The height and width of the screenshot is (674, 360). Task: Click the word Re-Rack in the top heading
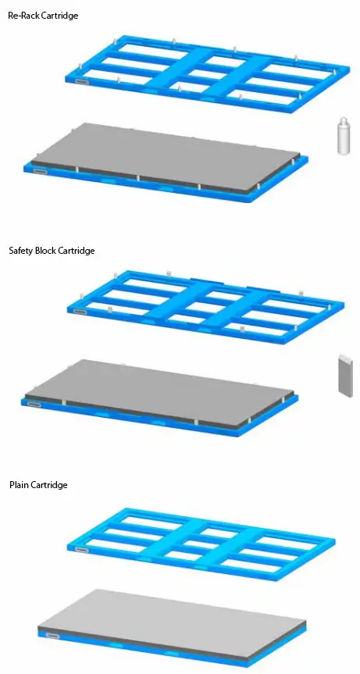23,16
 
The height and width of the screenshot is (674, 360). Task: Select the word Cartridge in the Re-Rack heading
60,16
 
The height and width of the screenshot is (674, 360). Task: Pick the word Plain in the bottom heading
19,485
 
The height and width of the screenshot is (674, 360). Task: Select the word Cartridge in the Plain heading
49,485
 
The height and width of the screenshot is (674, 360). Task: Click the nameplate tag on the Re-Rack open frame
82,78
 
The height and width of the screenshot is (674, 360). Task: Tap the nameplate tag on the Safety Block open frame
80,311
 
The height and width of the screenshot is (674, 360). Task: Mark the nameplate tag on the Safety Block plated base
34,405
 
